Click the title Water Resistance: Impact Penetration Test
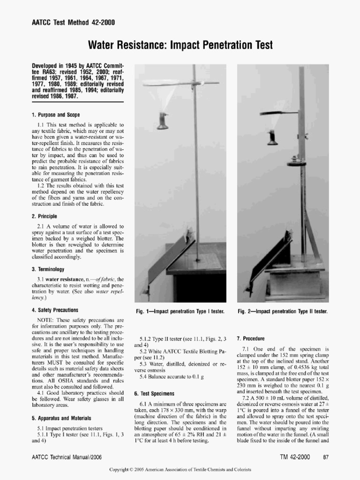coord(180,45)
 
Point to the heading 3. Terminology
coord(48,269)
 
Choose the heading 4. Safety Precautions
coord(55,310)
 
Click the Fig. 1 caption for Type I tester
coord(180,311)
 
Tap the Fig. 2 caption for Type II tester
coord(282,311)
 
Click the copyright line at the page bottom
coord(180,469)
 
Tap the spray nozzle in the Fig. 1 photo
coord(163,121)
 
